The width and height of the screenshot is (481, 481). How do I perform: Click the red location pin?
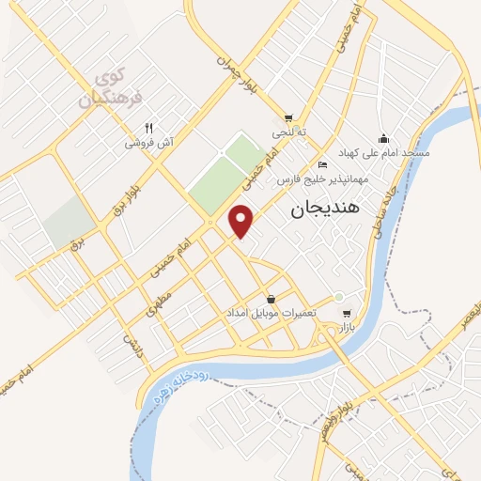point(242,220)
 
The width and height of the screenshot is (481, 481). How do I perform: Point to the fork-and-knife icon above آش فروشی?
point(148,129)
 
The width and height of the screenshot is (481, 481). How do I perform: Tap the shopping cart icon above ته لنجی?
point(288,118)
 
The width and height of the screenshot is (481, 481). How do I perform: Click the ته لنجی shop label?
point(289,133)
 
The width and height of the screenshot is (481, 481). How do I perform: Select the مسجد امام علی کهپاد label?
point(384,153)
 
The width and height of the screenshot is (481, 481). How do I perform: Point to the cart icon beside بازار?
point(346,314)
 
